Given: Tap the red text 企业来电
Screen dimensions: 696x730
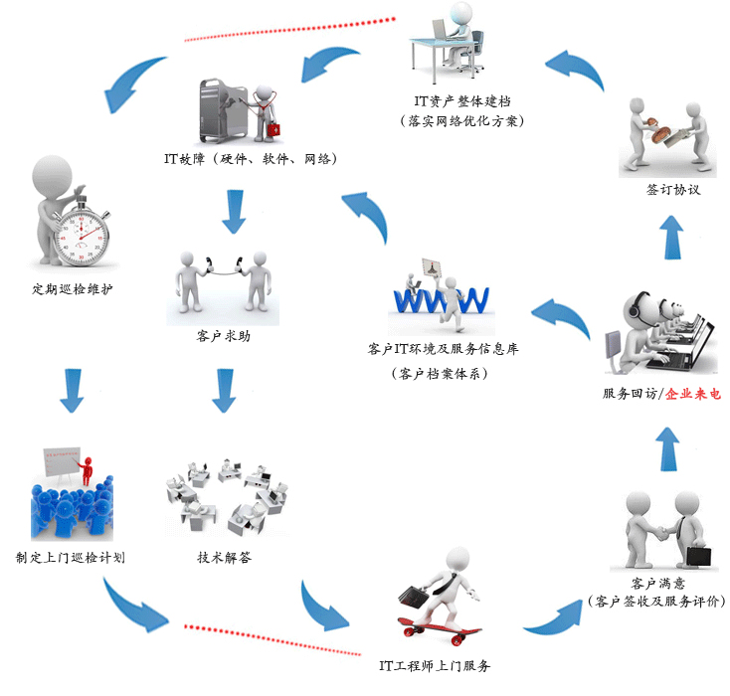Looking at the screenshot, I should tap(693, 394).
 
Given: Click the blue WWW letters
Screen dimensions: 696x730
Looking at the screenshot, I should tap(441, 297).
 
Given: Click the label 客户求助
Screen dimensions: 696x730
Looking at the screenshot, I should tap(224, 336).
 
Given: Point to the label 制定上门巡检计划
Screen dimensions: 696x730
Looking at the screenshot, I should tap(71, 557).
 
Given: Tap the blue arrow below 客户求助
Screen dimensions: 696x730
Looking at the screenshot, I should tap(224, 390).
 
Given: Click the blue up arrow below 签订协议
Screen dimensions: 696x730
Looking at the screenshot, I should tap(672, 236).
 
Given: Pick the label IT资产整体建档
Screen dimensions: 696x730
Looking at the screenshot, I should tap(467, 100).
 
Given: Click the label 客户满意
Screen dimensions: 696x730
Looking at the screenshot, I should tap(657, 582).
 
